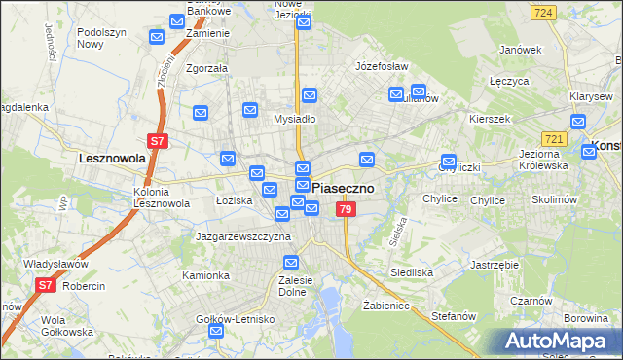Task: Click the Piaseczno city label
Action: (344, 189)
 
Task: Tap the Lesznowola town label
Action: (112, 157)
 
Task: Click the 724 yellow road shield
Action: (544, 12)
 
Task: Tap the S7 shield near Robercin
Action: (45, 285)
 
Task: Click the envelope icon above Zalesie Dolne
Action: (291, 262)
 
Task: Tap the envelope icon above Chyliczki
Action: (449, 162)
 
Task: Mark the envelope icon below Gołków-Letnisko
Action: (216, 331)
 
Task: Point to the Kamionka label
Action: (205, 275)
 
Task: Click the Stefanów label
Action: (453, 315)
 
